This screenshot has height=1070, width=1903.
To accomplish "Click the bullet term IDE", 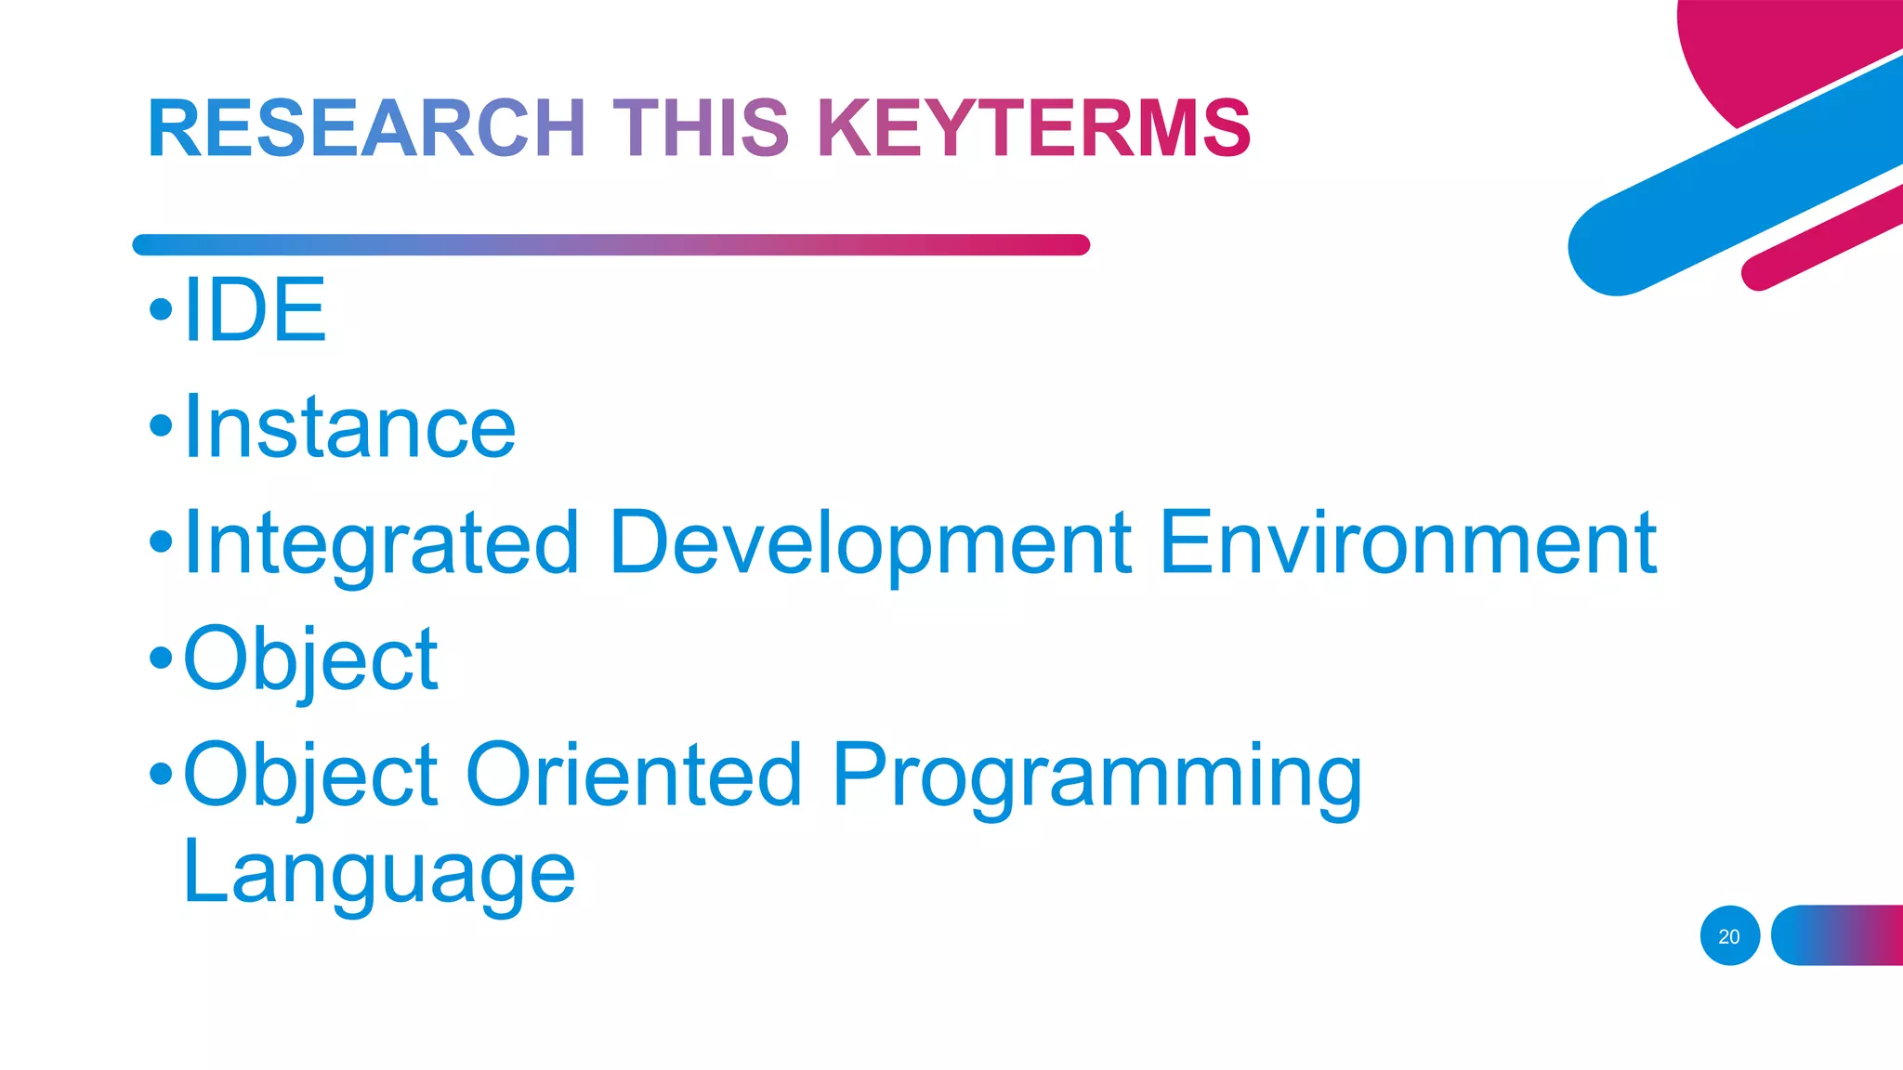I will [255, 310].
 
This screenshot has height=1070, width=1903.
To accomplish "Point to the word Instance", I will [349, 427].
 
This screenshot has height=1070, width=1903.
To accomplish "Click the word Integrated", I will [382, 543].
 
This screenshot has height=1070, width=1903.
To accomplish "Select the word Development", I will [871, 543].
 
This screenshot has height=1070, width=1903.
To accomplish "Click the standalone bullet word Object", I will [310, 659].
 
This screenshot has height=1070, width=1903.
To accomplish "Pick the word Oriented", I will [634, 775].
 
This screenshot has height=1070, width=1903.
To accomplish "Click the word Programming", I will [1096, 776].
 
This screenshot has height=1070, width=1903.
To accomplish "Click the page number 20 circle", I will [1729, 936].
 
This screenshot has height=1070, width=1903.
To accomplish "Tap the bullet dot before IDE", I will [161, 309].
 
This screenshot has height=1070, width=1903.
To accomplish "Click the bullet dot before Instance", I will [161, 425].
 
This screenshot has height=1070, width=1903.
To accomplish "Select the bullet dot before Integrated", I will [161, 542].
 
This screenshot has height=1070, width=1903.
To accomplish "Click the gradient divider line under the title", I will [610, 245].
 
